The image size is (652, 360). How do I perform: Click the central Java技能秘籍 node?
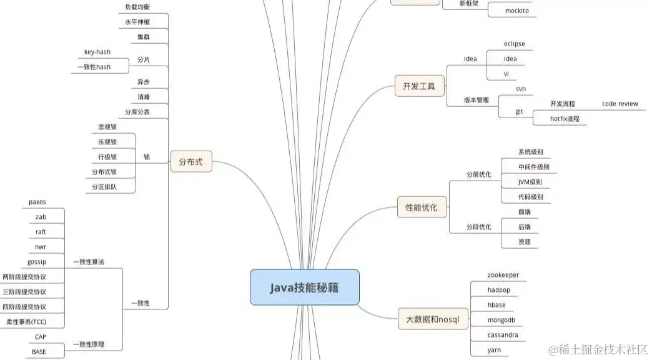coord(305,287)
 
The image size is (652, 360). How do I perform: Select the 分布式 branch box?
coord(191,163)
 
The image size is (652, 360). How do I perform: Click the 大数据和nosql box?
coord(432,319)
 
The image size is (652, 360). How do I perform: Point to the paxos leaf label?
coord(37,202)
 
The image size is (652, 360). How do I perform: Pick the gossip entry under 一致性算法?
coord(37,261)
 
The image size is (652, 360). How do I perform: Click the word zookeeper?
coord(503,275)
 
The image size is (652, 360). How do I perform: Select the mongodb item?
coord(501,320)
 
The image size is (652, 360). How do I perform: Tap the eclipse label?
coord(514,44)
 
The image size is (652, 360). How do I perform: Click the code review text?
coord(620,104)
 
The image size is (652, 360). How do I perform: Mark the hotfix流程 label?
coord(565,118)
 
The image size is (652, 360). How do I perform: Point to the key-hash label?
coord(97,52)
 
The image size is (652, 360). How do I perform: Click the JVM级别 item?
coord(530,182)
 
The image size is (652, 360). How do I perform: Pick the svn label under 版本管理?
coord(520,89)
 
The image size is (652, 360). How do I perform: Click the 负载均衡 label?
coord(137,7)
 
